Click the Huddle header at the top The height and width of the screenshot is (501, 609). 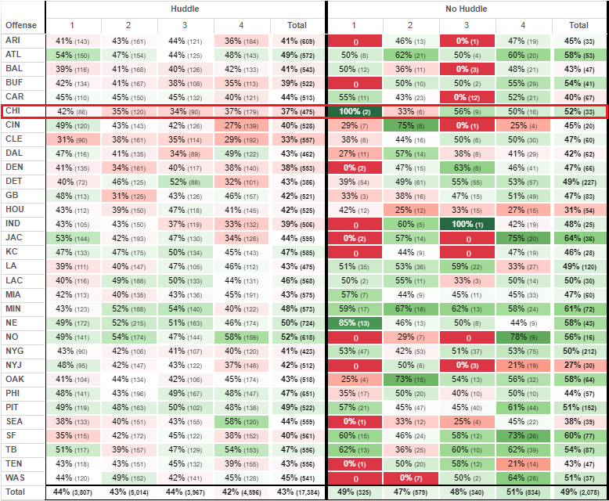point(185,8)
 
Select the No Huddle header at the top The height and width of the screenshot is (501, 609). point(466,8)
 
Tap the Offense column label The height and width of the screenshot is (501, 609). point(21,26)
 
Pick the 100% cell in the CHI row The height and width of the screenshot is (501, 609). point(355,111)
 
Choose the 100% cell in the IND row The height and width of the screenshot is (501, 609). point(467,223)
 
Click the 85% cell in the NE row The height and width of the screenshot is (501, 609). point(355,322)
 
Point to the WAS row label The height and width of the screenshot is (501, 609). point(15,477)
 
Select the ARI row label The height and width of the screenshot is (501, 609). point(13,40)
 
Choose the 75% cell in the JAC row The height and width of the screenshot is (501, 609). point(523,237)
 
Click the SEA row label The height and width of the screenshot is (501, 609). point(14,420)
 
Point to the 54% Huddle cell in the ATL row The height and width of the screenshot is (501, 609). point(73,54)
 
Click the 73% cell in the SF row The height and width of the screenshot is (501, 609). point(523,434)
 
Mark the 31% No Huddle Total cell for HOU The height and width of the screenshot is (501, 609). point(578,209)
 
